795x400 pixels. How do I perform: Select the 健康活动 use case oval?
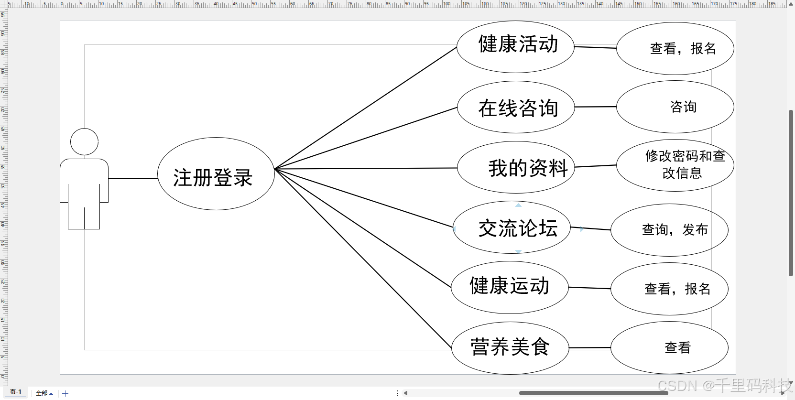pos(515,47)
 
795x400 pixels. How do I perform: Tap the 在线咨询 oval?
pos(516,107)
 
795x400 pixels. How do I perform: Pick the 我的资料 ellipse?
pos(516,167)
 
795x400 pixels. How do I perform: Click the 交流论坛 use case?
pos(512,227)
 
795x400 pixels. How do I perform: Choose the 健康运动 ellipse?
pos(510,287)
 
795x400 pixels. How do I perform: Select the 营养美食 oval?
pos(510,348)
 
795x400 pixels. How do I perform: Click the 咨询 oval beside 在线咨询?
pos(675,107)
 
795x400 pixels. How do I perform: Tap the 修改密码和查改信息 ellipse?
pos(675,165)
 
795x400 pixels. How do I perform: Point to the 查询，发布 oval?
pos(669,230)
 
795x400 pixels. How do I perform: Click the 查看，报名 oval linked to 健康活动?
pos(675,49)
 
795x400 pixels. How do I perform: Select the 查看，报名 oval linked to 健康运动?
pos(669,289)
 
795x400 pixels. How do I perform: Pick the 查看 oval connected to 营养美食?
pos(669,348)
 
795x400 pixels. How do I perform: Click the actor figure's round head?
pos(84,141)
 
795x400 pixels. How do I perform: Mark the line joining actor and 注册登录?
pos(133,178)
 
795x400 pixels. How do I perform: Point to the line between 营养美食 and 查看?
pos(590,348)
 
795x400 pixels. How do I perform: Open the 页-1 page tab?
pos(16,392)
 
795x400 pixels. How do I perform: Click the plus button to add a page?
pos(65,393)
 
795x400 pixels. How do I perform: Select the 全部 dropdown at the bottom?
pos(44,393)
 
